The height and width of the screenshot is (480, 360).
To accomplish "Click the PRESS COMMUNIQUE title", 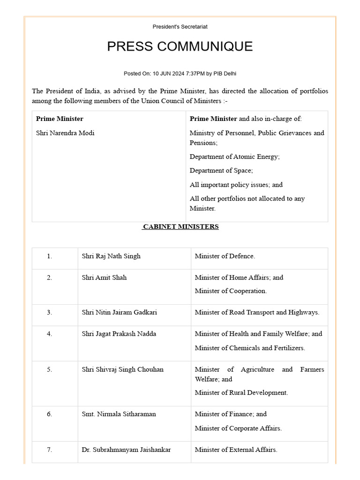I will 180,46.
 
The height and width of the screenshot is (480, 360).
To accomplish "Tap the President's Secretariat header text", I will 180,27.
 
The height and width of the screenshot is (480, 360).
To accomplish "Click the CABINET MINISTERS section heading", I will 180,227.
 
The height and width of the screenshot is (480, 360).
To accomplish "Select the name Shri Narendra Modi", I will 65,133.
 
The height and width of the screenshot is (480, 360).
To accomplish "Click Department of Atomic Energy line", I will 234,157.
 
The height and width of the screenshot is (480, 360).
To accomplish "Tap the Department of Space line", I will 221,171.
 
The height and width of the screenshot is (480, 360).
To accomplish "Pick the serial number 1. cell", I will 50,256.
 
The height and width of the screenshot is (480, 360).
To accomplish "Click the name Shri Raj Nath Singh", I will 111,256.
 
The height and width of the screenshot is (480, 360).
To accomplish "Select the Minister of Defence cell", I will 225,256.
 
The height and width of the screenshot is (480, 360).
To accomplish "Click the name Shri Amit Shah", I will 104,277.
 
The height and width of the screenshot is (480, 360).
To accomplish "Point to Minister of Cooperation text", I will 231,291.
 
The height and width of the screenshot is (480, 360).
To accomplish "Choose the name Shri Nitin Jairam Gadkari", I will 119,313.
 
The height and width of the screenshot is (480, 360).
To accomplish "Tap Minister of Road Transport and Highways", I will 257,313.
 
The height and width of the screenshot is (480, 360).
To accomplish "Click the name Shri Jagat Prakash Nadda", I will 119,334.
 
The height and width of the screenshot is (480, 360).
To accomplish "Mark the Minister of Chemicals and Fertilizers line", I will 250,348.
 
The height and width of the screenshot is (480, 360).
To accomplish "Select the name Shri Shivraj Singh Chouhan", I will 122,369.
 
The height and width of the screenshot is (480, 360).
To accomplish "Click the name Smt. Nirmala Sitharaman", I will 119,414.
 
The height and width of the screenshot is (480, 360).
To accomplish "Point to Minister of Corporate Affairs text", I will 238,428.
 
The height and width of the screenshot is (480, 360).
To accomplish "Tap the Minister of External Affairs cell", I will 236,450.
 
